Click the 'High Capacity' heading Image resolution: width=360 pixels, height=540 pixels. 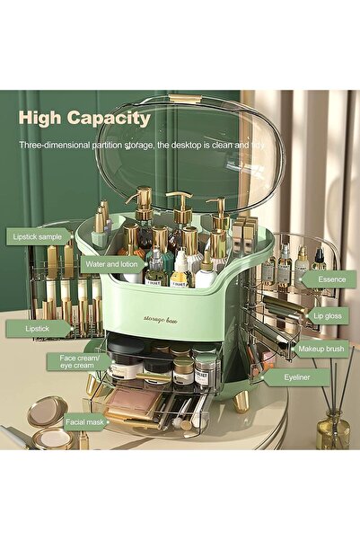tap(84, 118)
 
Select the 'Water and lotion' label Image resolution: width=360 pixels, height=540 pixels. tap(112, 264)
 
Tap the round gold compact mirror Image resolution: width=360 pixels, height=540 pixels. tap(47, 412)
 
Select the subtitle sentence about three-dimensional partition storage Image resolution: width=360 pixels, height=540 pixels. tap(141, 143)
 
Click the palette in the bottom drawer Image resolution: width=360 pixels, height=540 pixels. tap(132, 401)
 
